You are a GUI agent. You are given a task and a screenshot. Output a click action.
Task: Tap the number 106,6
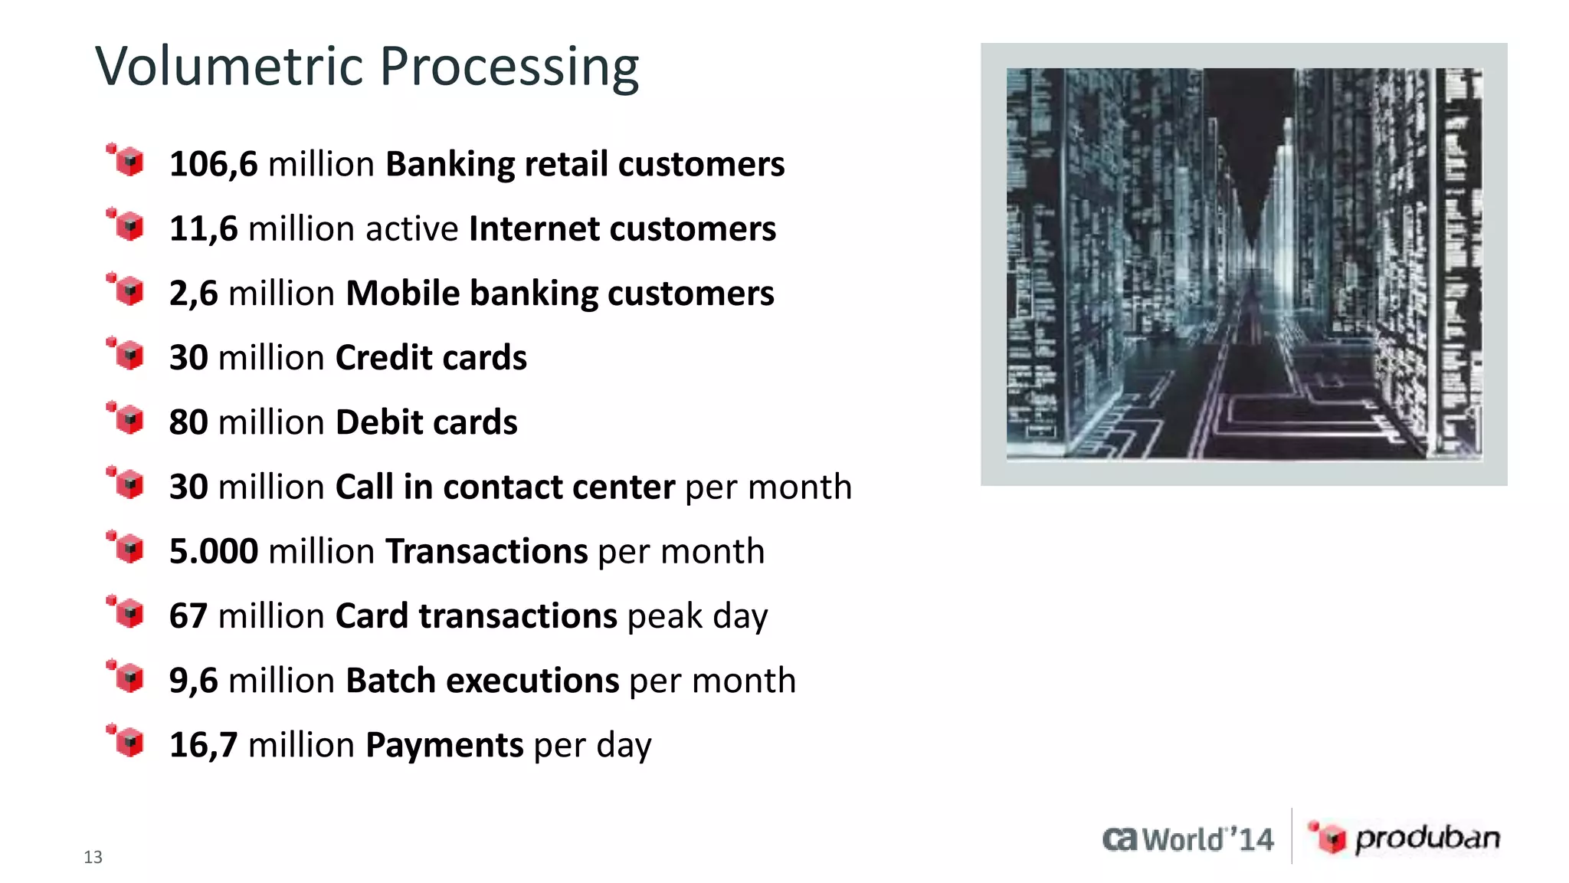point(213,164)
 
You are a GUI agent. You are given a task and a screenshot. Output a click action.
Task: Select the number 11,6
point(203,229)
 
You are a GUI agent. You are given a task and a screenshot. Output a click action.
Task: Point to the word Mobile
point(401,294)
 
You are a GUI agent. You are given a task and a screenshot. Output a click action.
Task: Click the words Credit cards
point(431,358)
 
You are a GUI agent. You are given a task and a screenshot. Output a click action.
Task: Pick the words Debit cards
point(426,422)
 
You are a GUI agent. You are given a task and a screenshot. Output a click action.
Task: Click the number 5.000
point(213,552)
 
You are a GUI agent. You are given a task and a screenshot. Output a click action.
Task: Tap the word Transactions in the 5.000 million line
point(486,552)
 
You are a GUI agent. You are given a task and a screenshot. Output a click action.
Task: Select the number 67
point(188,616)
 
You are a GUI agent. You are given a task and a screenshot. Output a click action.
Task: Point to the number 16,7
point(203,746)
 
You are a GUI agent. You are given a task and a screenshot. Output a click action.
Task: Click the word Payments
point(444,746)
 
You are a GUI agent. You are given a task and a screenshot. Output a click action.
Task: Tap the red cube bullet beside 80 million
point(127,419)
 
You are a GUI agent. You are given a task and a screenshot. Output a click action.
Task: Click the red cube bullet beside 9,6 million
point(127,677)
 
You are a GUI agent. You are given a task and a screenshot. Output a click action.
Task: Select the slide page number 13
point(93,857)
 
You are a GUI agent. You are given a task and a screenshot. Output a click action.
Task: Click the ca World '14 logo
point(1187,839)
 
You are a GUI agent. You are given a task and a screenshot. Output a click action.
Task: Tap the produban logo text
point(1427,839)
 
